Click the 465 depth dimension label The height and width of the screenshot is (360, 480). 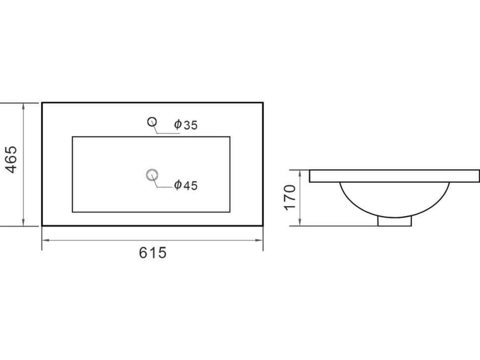[12, 159]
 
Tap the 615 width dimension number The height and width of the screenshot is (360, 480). [153, 253]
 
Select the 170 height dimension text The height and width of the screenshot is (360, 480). [290, 197]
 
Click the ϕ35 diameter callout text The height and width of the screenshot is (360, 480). [186, 125]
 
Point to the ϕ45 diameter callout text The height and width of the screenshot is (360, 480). [186, 185]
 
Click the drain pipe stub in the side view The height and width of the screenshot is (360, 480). [394, 221]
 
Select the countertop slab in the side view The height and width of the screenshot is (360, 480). [394, 176]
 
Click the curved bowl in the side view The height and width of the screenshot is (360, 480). [394, 218]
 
